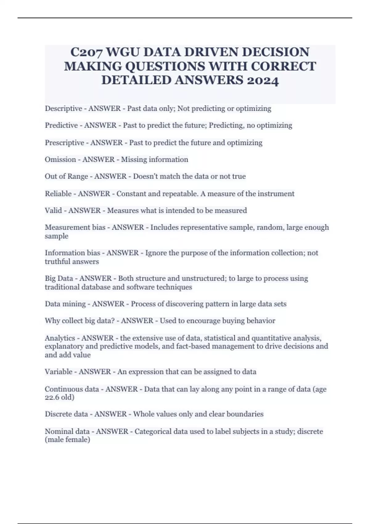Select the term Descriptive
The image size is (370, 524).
pyautogui.click(x=64, y=108)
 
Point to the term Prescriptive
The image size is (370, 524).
pyautogui.click(x=64, y=143)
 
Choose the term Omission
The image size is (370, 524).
pyautogui.click(x=60, y=160)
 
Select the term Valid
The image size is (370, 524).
pyautogui.click(x=53, y=211)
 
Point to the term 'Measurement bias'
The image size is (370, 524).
pyautogui.click(x=75, y=227)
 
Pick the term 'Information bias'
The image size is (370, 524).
pyautogui.click(x=72, y=253)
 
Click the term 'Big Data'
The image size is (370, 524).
pyautogui.click(x=59, y=278)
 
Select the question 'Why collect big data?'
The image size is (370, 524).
pyautogui.click(x=80, y=321)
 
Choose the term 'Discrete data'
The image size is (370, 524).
pyautogui.click(x=66, y=414)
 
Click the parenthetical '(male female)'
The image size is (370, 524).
pyautogui.click(x=68, y=440)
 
